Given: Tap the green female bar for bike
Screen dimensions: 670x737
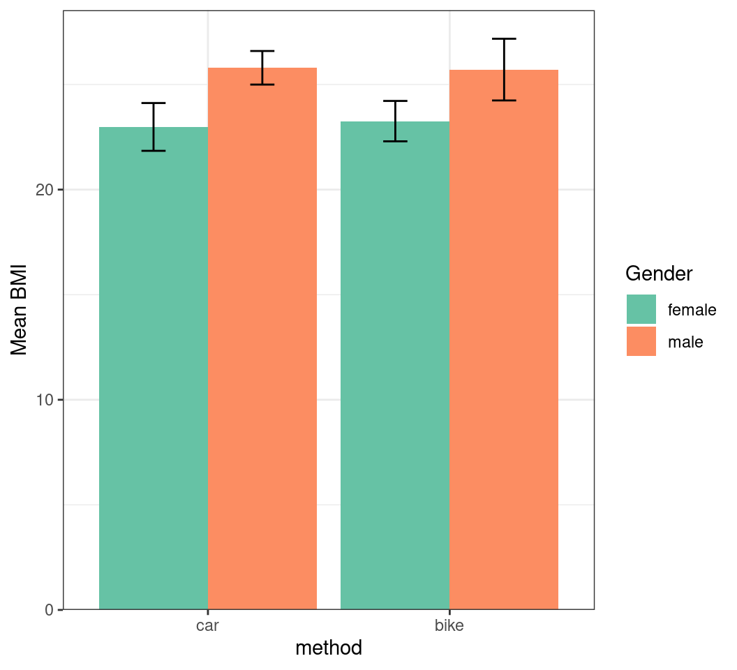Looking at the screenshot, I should click(395, 366).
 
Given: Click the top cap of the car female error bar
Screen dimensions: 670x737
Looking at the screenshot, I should click(154, 103).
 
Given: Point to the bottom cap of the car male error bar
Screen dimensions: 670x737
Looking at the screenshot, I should click(262, 84).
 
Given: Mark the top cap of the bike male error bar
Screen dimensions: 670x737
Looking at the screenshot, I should click(504, 39).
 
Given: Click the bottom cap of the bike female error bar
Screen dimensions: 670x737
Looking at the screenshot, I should click(395, 142).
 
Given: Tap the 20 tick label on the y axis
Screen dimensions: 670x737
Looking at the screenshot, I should click(45, 190).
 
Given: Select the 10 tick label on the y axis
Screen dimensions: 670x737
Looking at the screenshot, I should click(45, 400).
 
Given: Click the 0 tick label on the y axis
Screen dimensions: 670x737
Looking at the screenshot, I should click(49, 610).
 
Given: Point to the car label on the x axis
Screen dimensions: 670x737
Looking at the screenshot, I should click(207, 625).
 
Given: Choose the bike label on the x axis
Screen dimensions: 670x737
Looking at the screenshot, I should click(449, 625).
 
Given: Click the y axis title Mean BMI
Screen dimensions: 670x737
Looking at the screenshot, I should click(20, 309).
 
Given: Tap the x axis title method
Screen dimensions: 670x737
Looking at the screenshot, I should click(329, 648).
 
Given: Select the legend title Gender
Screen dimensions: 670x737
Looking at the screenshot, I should click(659, 274).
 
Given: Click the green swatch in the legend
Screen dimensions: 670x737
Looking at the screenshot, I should click(641, 309).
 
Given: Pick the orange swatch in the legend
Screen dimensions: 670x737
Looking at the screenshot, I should click(641, 341).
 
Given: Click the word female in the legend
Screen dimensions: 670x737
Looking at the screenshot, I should click(692, 310).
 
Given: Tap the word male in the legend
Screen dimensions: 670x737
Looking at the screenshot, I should click(685, 342).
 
